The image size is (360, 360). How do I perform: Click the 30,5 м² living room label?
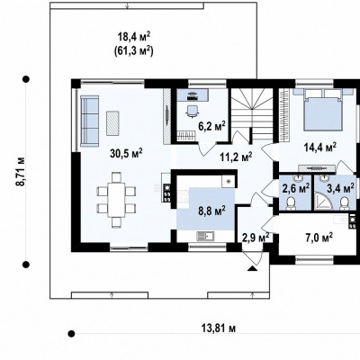[126, 153]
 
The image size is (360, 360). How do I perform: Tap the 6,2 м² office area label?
[211, 126]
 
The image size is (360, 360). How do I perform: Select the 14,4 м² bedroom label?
[319, 147]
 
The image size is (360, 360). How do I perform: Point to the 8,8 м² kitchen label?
[211, 211]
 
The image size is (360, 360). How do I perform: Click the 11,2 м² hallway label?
[236, 157]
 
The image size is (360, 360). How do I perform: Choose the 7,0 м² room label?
[319, 238]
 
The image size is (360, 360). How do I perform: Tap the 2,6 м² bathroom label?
[296, 189]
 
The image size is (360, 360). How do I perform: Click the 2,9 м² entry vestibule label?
[256, 238]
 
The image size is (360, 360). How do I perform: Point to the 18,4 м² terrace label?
[134, 37]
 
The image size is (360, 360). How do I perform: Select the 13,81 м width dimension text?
[219, 328]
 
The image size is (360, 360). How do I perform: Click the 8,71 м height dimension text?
[21, 171]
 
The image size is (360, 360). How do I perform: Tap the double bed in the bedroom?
[323, 110]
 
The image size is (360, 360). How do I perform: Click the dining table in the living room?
[116, 200]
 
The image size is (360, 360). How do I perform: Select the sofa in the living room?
[89, 121]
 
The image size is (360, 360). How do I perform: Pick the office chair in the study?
[193, 111]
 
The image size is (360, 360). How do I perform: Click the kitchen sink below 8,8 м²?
[205, 237]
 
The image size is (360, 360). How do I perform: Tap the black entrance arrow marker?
[253, 268]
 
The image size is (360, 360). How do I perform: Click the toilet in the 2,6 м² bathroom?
[291, 203]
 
